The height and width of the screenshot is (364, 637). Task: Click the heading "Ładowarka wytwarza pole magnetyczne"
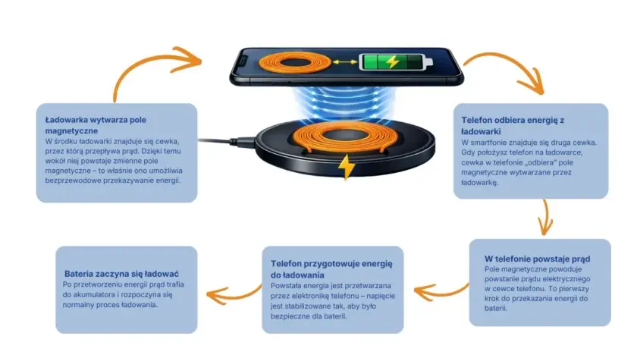click(x=96, y=125)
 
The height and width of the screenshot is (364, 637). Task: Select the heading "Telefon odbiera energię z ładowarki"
click(x=513, y=126)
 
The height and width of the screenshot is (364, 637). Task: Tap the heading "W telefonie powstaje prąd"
click(x=537, y=259)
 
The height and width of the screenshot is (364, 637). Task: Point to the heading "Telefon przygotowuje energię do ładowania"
click(x=331, y=269)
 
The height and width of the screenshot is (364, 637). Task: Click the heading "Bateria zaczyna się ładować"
click(x=121, y=274)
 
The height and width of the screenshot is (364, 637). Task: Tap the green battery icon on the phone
click(x=395, y=62)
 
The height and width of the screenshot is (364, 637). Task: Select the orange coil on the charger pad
click(x=344, y=137)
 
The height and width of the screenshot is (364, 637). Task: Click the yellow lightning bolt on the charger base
click(x=346, y=166)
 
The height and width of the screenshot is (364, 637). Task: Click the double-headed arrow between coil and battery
click(x=345, y=62)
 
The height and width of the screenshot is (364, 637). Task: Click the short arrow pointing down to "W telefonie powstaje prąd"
click(x=546, y=218)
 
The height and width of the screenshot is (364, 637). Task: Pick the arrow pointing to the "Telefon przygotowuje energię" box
click(x=441, y=293)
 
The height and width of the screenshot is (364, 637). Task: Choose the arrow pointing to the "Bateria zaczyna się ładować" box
click(x=233, y=295)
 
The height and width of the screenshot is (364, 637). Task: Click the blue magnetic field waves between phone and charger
click(x=344, y=104)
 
